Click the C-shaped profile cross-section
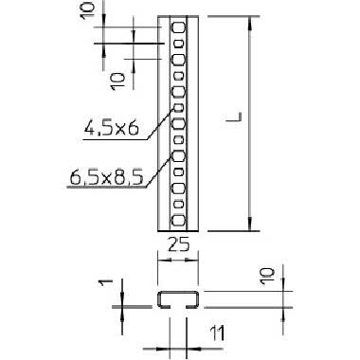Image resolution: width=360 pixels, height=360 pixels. [x=177, y=301]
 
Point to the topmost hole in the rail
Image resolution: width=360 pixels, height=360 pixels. [x=177, y=28]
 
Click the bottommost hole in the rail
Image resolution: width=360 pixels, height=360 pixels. [x=177, y=215]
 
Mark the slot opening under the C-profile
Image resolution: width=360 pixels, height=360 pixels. [x=177, y=307]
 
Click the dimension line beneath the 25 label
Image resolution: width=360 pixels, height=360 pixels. [x=177, y=257]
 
